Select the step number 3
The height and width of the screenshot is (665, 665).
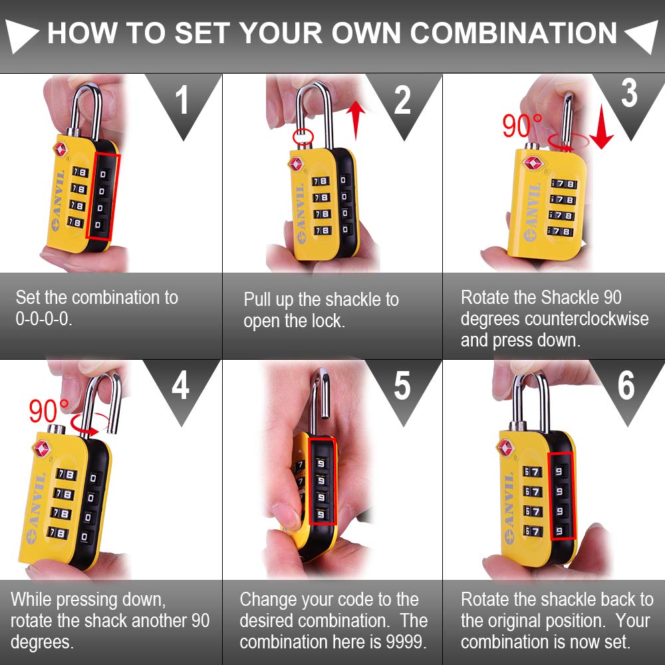(x=628, y=94)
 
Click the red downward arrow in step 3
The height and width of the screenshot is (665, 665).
(x=601, y=130)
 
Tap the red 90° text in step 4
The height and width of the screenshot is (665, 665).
(x=49, y=412)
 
